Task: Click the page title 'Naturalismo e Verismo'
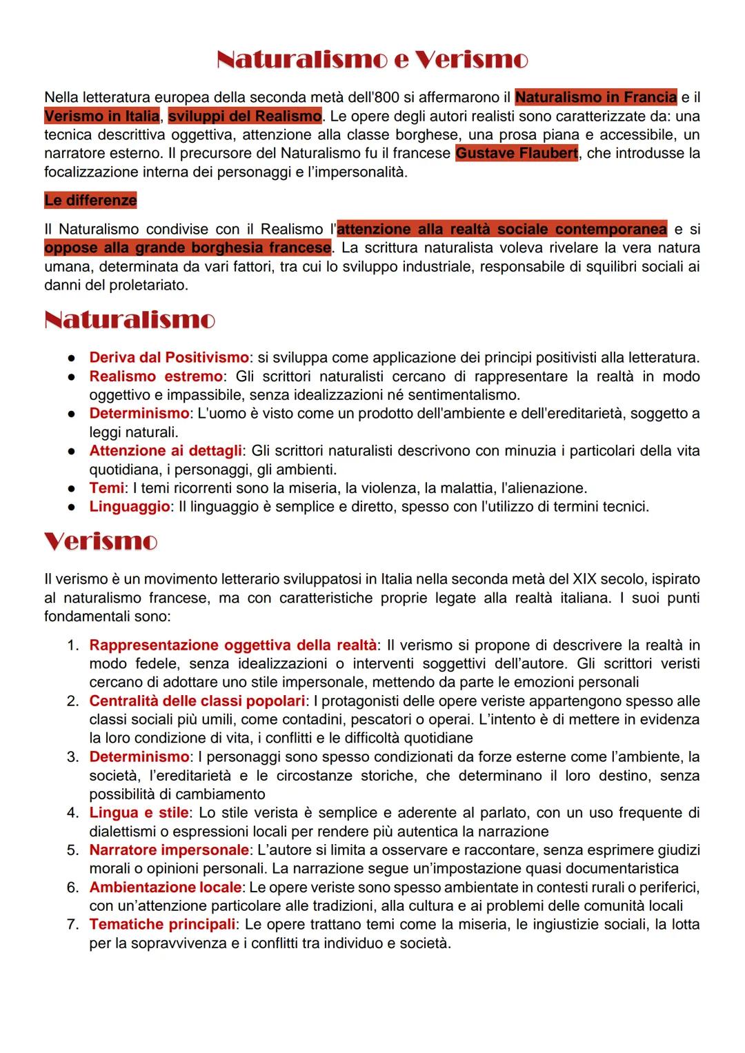(372, 60)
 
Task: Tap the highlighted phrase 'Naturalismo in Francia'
(596, 97)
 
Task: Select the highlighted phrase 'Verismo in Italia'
(101, 116)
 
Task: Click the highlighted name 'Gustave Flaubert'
(517, 153)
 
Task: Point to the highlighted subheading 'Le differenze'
(90, 201)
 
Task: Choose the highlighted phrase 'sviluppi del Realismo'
(245, 116)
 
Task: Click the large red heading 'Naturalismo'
(130, 320)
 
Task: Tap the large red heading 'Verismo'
(101, 541)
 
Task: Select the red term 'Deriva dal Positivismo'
(169, 358)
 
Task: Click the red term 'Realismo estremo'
(156, 377)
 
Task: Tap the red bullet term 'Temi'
(107, 488)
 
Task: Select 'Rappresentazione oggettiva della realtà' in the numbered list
(232, 645)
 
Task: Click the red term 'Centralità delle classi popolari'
(197, 701)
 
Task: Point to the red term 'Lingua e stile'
(139, 813)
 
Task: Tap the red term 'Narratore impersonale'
(169, 850)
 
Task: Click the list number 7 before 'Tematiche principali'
(72, 925)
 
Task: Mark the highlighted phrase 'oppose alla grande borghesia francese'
(188, 248)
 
